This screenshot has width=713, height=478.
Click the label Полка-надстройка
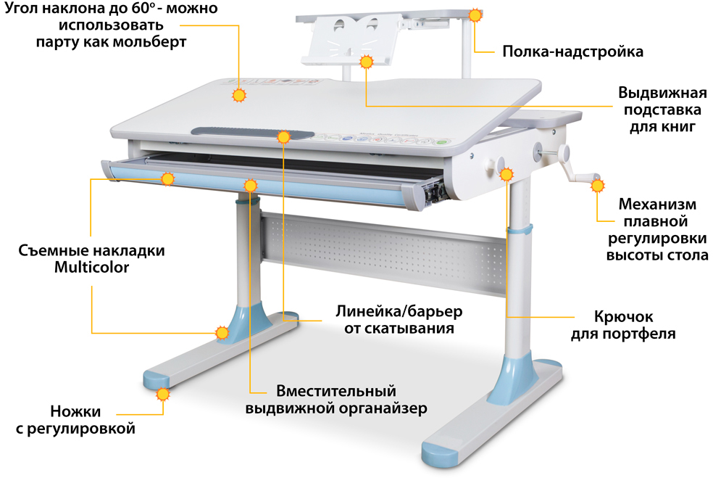pyautogui.click(x=572, y=51)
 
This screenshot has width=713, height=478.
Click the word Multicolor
pyautogui.click(x=92, y=267)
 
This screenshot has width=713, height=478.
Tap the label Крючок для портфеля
pyautogui.click(x=623, y=325)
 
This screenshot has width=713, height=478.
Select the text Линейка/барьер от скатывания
pyautogui.click(x=399, y=320)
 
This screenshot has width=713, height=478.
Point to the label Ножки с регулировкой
pyautogui.click(x=75, y=420)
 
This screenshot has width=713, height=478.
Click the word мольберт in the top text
pyautogui.click(x=149, y=42)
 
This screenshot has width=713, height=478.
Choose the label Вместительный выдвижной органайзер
pyautogui.click(x=336, y=400)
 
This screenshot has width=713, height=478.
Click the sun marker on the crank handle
pyautogui.click(x=598, y=186)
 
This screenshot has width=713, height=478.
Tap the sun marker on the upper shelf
pyautogui.click(x=475, y=15)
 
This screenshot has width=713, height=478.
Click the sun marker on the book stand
pyautogui.click(x=367, y=62)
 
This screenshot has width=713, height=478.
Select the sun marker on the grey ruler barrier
pyautogui.click(x=284, y=136)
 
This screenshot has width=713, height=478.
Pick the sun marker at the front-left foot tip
pyautogui.click(x=163, y=394)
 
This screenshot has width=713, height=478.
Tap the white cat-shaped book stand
pyautogui.click(x=351, y=38)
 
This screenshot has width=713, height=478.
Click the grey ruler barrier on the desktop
pyautogui.click(x=252, y=133)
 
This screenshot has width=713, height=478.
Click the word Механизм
pyautogui.click(x=657, y=204)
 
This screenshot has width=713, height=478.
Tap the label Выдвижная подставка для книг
pyautogui.click(x=662, y=110)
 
